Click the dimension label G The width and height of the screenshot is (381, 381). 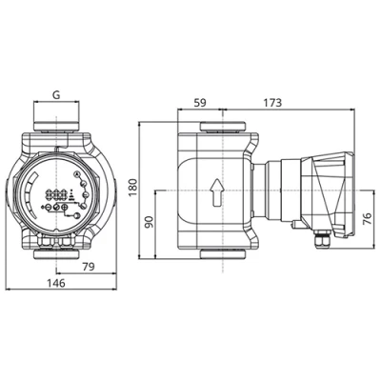56,96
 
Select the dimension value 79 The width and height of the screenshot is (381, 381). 87,265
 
